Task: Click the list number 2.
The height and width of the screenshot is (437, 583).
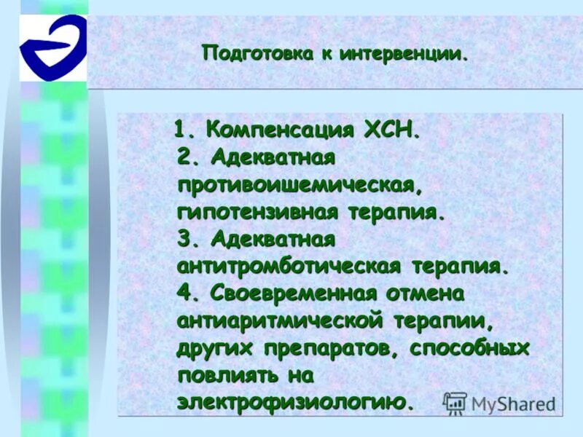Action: pyautogui.click(x=187, y=157)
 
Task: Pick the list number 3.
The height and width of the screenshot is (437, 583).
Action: pyautogui.click(x=187, y=239)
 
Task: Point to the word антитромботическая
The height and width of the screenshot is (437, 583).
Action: pyautogui.click(x=289, y=266)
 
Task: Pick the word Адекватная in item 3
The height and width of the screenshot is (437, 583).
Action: pyautogui.click(x=273, y=239)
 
